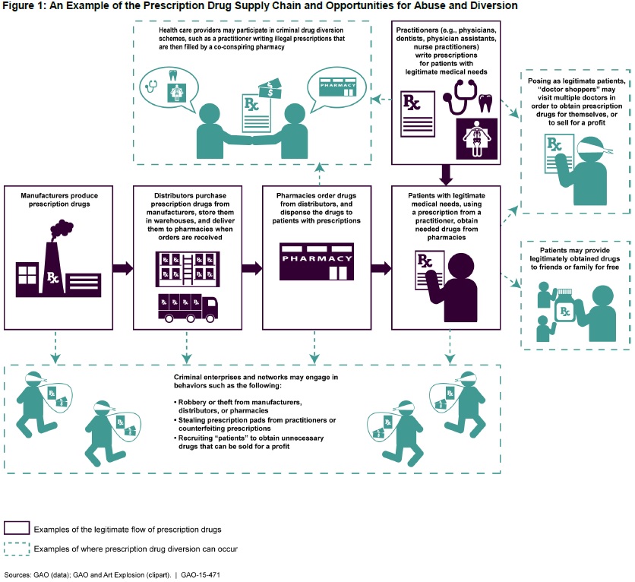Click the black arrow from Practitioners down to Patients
[x=447, y=174]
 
